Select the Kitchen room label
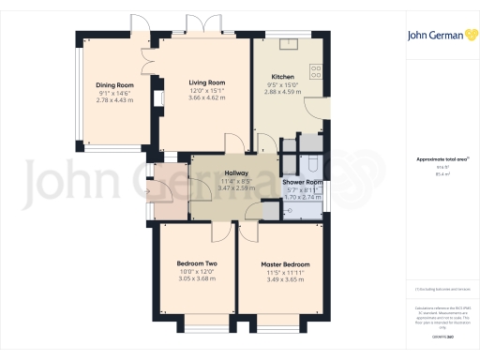tap(283, 77)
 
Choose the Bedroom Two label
tap(197, 264)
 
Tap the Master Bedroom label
tap(286, 264)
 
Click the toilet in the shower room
tap(285, 212)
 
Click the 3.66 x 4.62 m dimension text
tap(208, 98)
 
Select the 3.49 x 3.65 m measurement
tap(286, 279)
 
